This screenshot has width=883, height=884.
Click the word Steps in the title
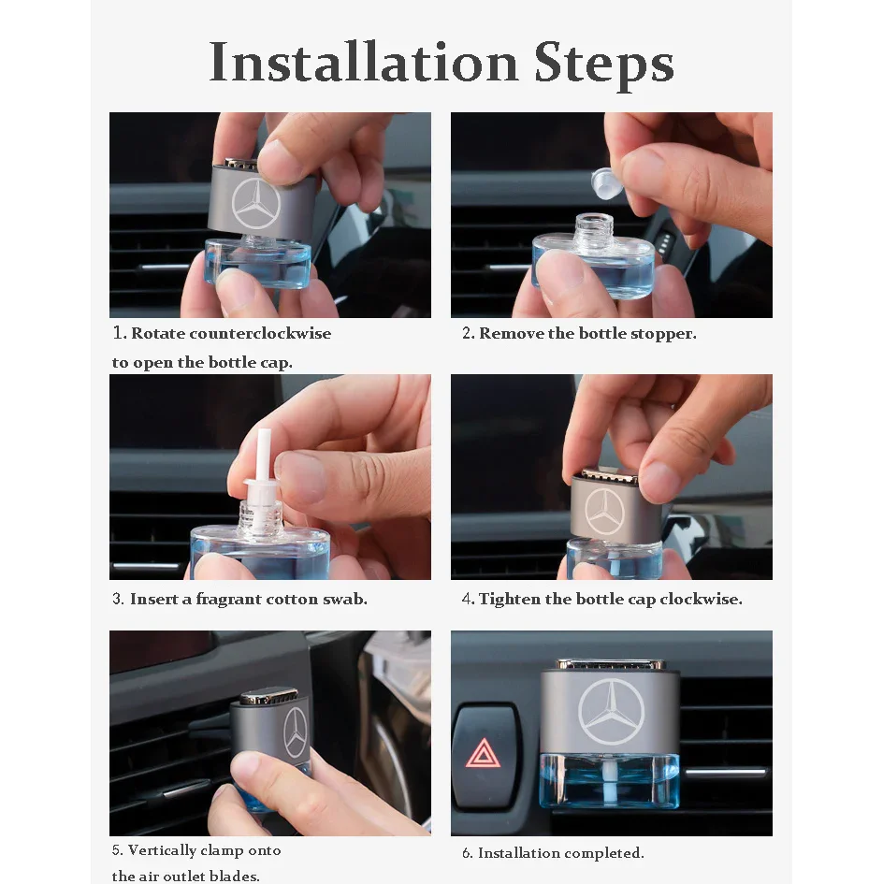603,65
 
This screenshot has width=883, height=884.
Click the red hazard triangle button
484,753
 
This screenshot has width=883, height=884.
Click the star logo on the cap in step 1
256,204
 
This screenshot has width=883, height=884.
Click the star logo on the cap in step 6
611,711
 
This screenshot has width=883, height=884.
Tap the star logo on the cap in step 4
605,512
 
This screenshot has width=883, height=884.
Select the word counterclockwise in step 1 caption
260,333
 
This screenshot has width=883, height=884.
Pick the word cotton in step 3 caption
292,600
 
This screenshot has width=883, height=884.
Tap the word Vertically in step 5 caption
162,850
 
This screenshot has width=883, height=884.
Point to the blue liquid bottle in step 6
610,779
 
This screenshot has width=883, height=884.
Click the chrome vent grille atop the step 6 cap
611,665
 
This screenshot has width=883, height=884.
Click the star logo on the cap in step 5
295,732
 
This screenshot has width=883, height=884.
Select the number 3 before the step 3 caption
118,599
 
